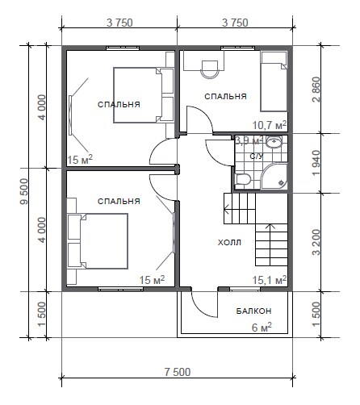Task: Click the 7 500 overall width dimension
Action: [178, 372]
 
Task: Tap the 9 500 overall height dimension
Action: [24, 191]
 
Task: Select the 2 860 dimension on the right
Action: [316, 90]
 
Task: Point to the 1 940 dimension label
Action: [316, 163]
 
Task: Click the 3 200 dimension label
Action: [316, 242]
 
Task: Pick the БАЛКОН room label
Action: [253, 311]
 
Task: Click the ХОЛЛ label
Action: [229, 243]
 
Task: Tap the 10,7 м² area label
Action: [270, 125]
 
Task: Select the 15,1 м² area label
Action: [270, 280]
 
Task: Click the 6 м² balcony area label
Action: [262, 328]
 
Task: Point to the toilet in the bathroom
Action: [243, 179]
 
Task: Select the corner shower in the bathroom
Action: [274, 176]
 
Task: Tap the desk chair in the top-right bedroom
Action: [210, 69]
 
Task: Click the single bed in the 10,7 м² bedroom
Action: [274, 81]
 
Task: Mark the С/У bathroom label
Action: [257, 157]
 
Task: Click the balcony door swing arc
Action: [200, 307]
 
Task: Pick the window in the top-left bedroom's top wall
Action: [123, 48]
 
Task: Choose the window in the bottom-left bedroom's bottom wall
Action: [120, 289]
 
